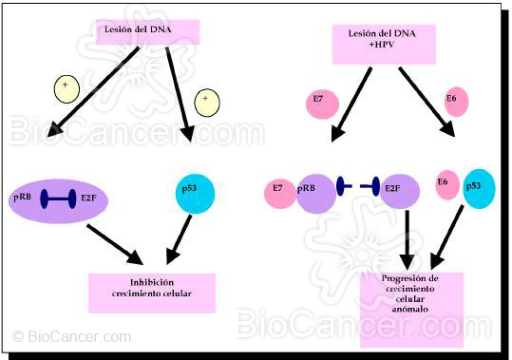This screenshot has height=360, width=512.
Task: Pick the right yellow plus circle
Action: tap(206, 100)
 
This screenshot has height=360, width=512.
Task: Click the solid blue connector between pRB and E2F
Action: tap(58, 198)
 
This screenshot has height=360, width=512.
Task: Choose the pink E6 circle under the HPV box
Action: tap(455, 102)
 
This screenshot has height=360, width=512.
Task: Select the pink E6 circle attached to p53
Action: tap(446, 186)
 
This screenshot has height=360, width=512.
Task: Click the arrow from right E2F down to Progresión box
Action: tap(406, 237)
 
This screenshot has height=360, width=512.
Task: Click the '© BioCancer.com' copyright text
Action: tap(73, 336)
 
